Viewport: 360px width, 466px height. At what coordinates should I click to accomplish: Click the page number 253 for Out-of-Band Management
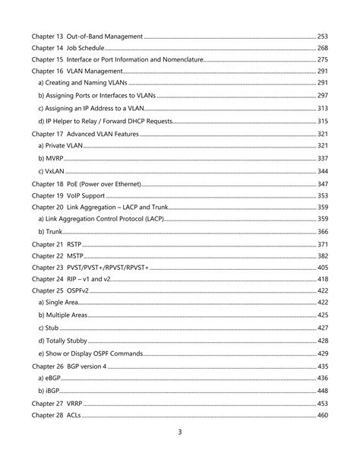click(x=322, y=36)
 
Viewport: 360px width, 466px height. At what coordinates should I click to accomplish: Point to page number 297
click(x=322, y=95)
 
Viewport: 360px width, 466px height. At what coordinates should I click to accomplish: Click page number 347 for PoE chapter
click(x=322, y=184)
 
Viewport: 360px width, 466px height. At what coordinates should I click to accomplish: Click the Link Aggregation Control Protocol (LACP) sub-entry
click(x=100, y=219)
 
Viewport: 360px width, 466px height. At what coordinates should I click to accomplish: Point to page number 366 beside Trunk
click(x=322, y=231)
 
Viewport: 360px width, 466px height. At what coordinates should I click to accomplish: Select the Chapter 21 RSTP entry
click(x=56, y=244)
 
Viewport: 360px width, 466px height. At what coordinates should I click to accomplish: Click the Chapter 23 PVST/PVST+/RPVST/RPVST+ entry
click(x=90, y=268)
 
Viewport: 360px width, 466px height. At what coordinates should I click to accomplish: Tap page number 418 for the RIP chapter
click(x=322, y=279)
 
